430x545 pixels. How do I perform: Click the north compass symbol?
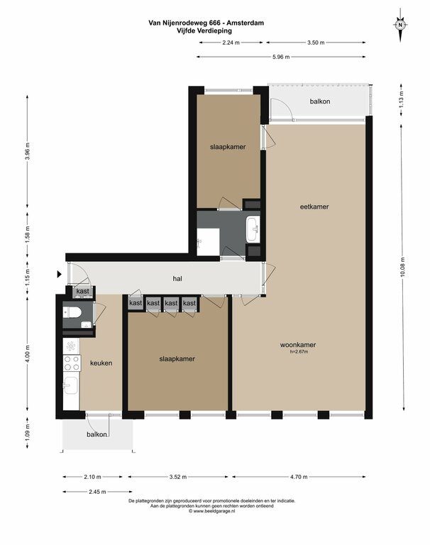(400, 25)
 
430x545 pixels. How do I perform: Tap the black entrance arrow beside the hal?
(60, 274)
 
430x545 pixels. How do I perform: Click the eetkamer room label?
(314, 207)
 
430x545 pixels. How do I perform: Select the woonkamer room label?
(298, 345)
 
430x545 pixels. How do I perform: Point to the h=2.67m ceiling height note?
(299, 352)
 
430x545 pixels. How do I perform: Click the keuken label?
(101, 363)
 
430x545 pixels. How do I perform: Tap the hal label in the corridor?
(177, 278)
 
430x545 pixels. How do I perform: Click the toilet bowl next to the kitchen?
(72, 312)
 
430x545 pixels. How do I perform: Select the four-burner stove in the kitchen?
(72, 363)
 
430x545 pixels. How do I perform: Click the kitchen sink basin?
(71, 385)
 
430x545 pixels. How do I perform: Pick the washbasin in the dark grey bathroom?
(253, 229)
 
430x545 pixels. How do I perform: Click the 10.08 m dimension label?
(402, 267)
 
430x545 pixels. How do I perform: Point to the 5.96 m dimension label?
(281, 57)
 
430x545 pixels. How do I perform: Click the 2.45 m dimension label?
(97, 492)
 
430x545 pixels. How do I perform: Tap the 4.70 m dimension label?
(299, 477)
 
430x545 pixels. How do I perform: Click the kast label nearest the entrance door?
(83, 291)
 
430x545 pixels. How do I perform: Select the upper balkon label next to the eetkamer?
(320, 101)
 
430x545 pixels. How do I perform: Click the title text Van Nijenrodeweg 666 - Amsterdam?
(206, 23)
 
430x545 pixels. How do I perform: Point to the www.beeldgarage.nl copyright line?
(212, 511)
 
